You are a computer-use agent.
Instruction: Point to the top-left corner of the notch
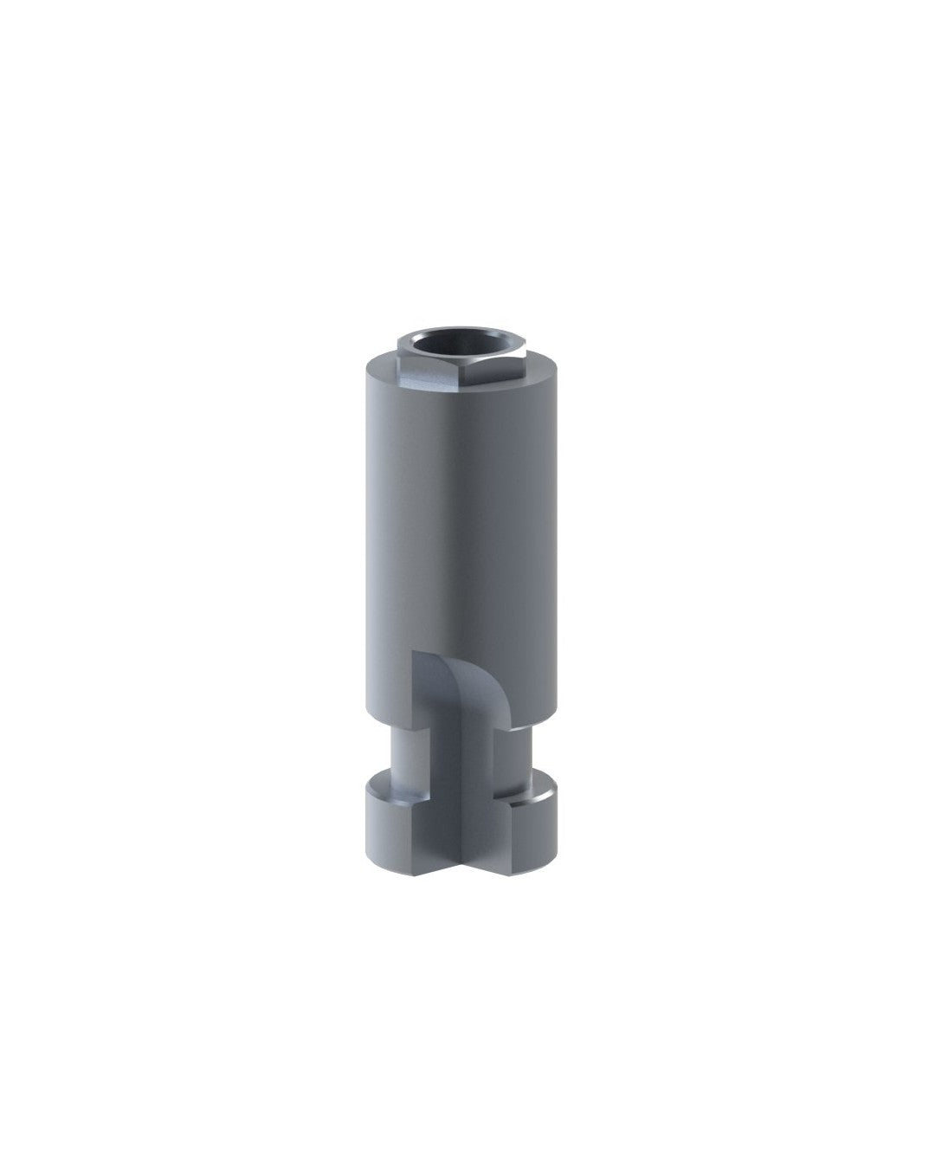(413, 651)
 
